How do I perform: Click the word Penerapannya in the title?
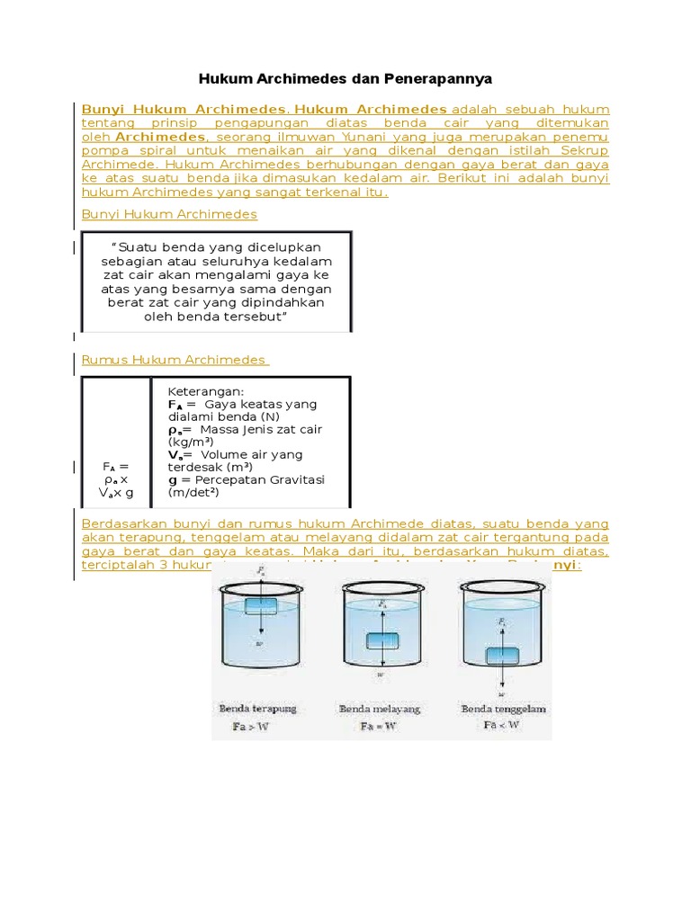443,78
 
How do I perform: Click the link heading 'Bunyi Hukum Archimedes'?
169,214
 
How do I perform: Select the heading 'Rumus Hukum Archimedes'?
175,360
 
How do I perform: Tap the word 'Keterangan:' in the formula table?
206,391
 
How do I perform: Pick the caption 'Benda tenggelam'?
504,709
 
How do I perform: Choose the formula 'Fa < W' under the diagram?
501,724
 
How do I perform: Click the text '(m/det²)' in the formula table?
193,492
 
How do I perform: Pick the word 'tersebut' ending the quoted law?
253,317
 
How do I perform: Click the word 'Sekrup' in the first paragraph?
586,151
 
